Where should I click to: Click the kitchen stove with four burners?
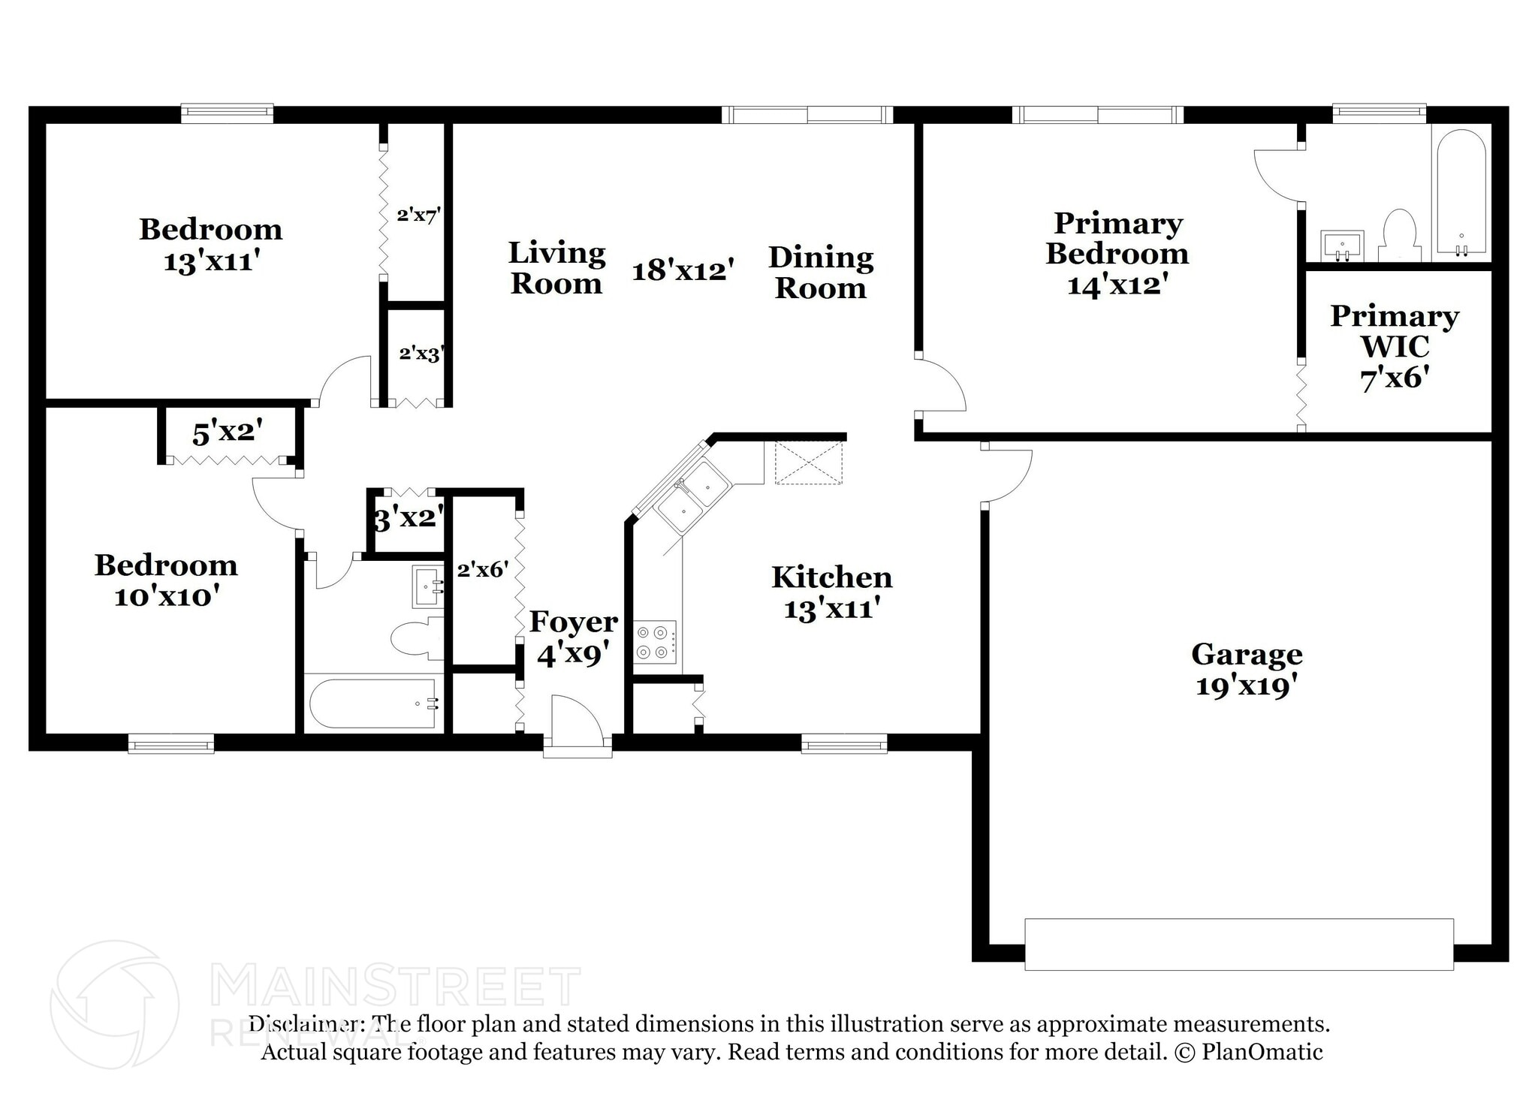click(x=655, y=642)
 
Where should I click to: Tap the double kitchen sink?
click(x=691, y=497)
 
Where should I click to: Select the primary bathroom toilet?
click(x=1399, y=237)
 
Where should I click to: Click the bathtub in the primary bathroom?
click(x=1461, y=193)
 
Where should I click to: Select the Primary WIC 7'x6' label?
click(x=1394, y=346)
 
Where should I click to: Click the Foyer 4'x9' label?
click(x=573, y=638)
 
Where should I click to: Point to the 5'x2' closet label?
click(x=227, y=433)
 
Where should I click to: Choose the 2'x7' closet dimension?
click(x=418, y=215)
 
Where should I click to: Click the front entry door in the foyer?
click(x=577, y=725)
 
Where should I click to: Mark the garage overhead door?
click(x=1238, y=944)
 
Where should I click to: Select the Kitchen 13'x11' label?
click(x=831, y=592)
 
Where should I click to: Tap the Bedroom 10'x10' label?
click(x=166, y=580)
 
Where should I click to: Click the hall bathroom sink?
click(x=428, y=586)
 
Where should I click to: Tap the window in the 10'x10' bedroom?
click(x=171, y=744)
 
